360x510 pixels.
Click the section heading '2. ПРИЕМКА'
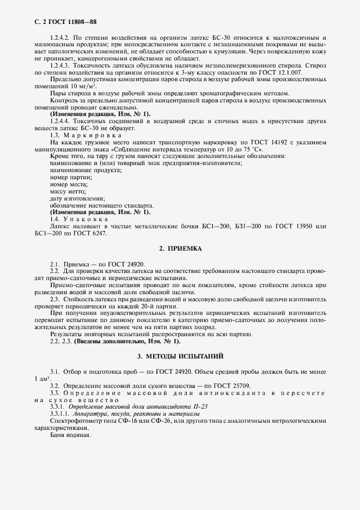click(x=180, y=248)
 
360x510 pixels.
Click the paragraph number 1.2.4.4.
click(x=60, y=120)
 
